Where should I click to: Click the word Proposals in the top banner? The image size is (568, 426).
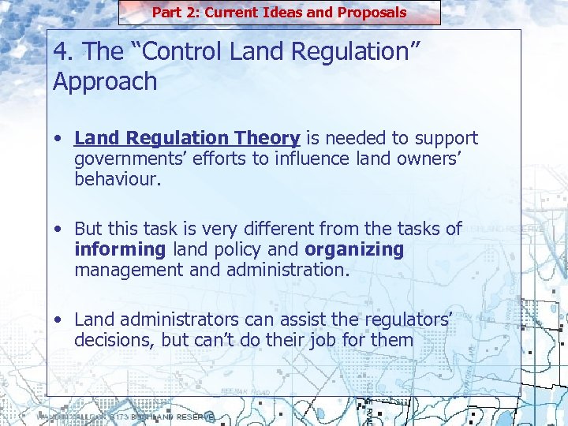tap(372, 12)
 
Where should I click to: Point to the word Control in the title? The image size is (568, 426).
tap(176, 52)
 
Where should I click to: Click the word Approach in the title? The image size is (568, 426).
tap(105, 81)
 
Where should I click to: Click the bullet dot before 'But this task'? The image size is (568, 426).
tap(61, 230)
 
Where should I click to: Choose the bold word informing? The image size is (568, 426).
tap(120, 249)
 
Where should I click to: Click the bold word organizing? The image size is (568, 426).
tap(353, 249)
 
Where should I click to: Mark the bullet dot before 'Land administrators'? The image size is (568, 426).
tap(61, 320)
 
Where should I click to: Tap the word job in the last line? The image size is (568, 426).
tap(328, 340)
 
